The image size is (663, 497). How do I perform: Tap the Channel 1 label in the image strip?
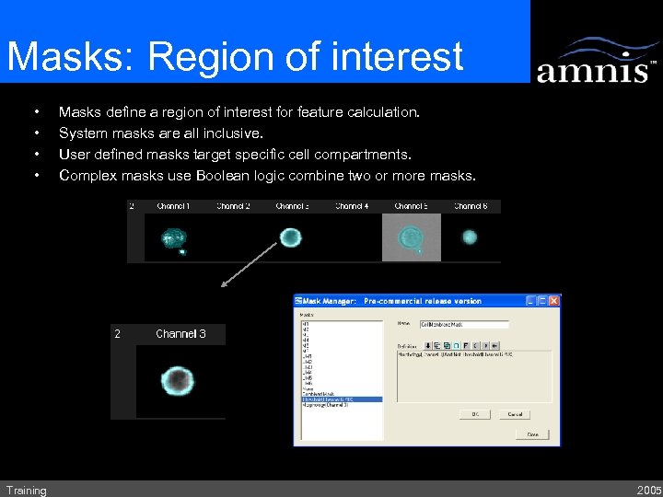pyautogui.click(x=173, y=206)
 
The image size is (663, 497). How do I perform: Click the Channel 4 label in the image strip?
pyautogui.click(x=352, y=206)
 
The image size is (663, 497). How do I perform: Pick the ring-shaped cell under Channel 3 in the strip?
pyautogui.click(x=291, y=238)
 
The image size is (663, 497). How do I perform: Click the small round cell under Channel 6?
pyautogui.click(x=470, y=237)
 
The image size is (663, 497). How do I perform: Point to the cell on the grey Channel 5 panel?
pyautogui.click(x=412, y=237)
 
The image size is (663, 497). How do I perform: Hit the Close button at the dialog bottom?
pyautogui.click(x=533, y=434)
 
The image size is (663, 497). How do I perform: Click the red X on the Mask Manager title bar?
pyautogui.click(x=553, y=301)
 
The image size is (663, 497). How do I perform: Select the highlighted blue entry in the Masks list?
pyautogui.click(x=342, y=399)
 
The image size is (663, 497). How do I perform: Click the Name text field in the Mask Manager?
pyautogui.click(x=464, y=324)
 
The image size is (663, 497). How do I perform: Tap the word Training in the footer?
pyautogui.click(x=26, y=491)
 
